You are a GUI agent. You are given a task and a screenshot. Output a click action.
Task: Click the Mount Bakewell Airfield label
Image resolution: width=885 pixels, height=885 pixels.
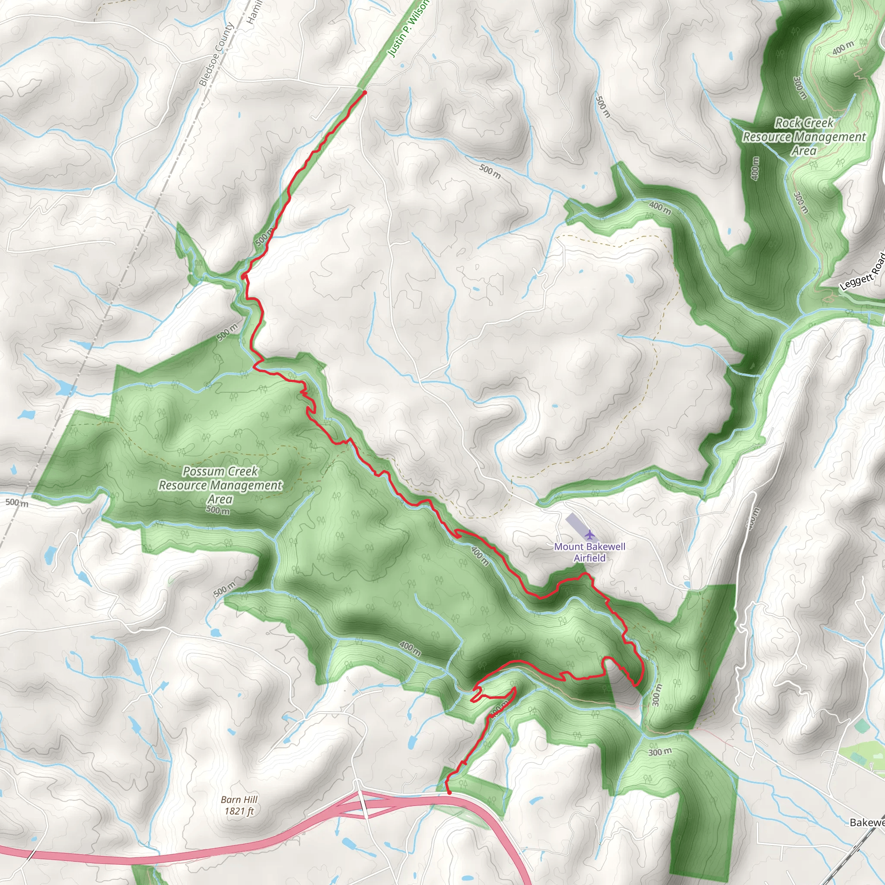[589, 552]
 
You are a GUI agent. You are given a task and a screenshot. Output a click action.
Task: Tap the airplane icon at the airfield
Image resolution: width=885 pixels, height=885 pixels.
[589, 534]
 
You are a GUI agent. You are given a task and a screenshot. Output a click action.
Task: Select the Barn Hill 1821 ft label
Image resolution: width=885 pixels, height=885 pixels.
[239, 805]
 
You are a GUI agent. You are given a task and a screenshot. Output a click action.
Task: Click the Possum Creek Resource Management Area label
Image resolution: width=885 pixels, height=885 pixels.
[220, 485]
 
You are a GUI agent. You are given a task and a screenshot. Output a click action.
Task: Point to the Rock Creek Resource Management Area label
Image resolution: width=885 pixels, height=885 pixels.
[804, 137]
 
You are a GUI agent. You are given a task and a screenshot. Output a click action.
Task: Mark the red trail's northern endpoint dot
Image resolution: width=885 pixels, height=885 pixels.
[365, 92]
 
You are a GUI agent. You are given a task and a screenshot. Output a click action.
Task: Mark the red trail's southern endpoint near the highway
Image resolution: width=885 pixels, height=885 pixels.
[449, 793]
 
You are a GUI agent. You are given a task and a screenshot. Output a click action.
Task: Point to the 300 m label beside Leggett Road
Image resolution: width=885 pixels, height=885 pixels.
[800, 202]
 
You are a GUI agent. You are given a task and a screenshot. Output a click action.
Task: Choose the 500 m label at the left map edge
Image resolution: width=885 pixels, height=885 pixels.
[17, 503]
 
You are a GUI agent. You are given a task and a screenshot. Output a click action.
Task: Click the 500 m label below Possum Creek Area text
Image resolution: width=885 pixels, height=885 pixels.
[218, 510]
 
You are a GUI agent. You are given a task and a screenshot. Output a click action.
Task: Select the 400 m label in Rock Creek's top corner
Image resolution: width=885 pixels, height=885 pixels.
[843, 47]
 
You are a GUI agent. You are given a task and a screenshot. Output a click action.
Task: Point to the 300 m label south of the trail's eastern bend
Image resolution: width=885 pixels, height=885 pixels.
[657, 694]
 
